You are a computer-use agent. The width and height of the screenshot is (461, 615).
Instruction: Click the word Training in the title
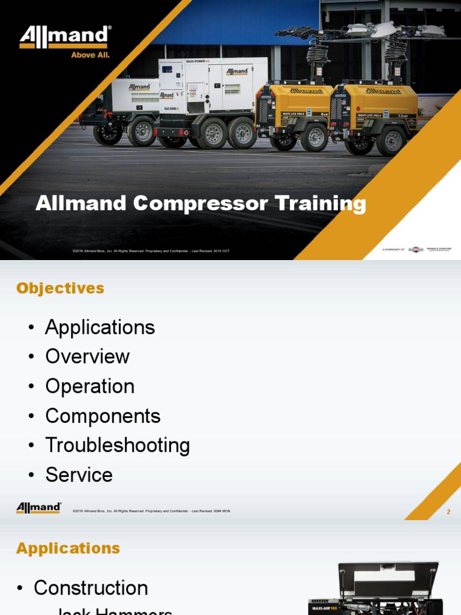[x=321, y=204]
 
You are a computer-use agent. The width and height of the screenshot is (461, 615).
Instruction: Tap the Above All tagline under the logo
[x=90, y=55]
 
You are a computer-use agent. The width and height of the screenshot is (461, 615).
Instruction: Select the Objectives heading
[x=60, y=288]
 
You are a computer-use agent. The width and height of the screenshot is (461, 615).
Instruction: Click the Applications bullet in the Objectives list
[x=100, y=327]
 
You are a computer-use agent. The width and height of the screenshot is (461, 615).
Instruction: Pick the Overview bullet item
[x=87, y=357]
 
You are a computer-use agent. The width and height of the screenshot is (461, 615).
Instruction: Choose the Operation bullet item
[x=89, y=386]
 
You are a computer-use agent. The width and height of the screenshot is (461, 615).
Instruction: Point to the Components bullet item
[x=103, y=416]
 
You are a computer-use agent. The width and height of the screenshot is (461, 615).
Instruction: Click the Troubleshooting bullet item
[x=117, y=446]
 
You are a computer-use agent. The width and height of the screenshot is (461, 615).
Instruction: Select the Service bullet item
[x=79, y=475]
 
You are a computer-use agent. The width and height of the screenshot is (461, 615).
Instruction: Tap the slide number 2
[x=448, y=512]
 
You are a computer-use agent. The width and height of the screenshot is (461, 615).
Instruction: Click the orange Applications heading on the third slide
[x=68, y=548]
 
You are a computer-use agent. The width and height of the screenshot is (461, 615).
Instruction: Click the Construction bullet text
[x=91, y=588]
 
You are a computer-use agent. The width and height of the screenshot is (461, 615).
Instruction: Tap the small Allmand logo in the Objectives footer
[x=38, y=508]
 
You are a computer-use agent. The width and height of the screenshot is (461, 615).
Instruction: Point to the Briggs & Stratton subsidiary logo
[x=416, y=249]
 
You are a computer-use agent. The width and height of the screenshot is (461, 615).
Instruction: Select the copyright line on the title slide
[x=151, y=250]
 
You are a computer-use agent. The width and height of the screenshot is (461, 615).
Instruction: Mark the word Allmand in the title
[x=82, y=204]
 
